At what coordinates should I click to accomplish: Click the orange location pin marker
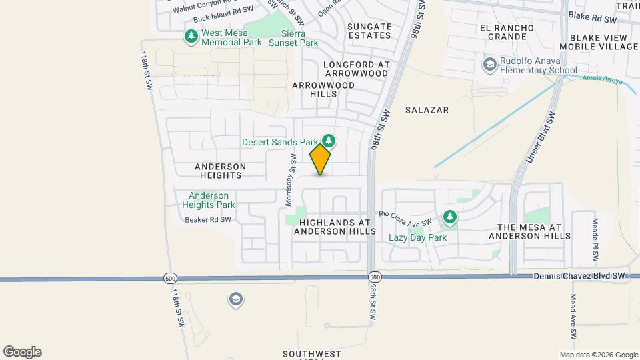click(321, 159)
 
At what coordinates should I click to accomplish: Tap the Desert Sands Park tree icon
click(328, 141)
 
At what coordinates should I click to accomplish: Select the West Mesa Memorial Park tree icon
click(191, 37)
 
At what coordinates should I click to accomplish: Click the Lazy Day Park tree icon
click(451, 217)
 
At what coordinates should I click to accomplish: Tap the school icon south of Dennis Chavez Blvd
click(235, 299)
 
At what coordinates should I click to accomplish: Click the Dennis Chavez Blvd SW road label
click(581, 275)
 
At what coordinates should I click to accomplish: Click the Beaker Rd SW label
click(208, 219)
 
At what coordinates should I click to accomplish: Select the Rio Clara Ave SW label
click(406, 217)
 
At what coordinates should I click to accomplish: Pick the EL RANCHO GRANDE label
click(507, 32)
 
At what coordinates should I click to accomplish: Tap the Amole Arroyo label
click(602, 81)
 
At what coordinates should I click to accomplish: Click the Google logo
click(22, 352)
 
